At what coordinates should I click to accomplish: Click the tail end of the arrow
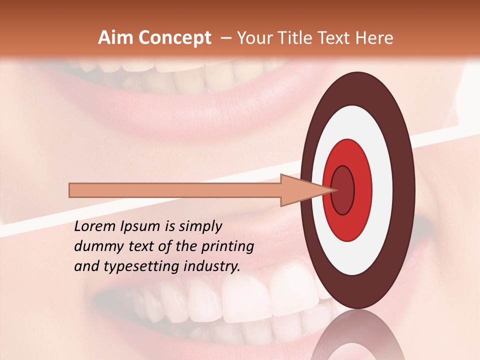coord(71,190)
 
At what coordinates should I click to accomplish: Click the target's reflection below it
coord(357,335)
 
